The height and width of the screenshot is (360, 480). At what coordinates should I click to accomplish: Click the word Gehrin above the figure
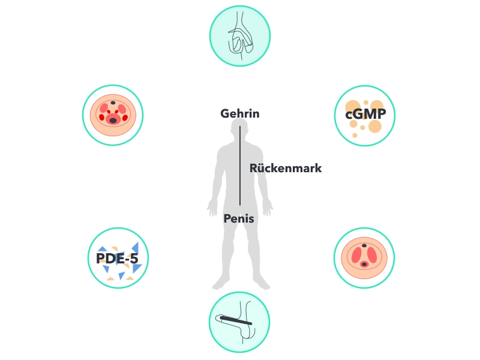pos(239,113)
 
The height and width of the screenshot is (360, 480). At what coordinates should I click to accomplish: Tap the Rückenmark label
pos(286,168)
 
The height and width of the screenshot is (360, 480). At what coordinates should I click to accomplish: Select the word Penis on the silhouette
pos(239,218)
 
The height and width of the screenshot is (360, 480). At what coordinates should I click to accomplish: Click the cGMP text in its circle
pos(365,114)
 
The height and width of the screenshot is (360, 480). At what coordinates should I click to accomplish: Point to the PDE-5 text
pos(117,259)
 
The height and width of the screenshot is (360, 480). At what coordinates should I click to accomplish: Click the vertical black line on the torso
pos(239,166)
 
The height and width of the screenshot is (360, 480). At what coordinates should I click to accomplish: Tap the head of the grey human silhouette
pos(239,128)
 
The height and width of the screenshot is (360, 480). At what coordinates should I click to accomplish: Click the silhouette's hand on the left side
pos(212,208)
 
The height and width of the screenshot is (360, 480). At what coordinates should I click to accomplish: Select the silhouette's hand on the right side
pos(267,208)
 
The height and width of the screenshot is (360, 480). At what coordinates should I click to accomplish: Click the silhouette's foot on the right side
pos(261,283)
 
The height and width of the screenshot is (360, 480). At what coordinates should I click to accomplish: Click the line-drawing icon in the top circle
pos(241,35)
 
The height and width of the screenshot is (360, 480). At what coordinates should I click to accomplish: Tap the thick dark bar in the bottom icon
pos(236,320)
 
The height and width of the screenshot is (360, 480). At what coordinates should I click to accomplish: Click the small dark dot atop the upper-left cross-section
pos(113,103)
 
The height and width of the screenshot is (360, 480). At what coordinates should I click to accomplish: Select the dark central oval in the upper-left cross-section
pos(113,121)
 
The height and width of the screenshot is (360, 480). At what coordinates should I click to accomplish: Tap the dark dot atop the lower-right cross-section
pos(364,245)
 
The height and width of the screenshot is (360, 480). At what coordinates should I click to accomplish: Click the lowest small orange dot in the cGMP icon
pos(355,135)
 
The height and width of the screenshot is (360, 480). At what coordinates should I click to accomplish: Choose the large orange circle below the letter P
pos(375,126)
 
